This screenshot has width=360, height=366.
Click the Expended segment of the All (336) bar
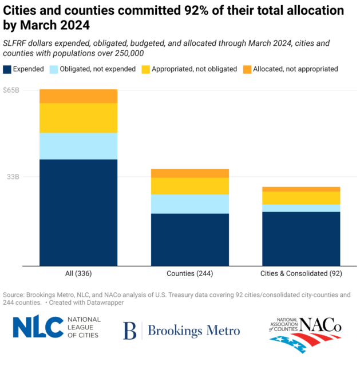pos(78,212)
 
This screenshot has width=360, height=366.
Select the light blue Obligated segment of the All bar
pos(78,146)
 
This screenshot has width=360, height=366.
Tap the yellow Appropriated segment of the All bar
pos(78,118)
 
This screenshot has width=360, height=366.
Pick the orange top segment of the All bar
pos(78,96)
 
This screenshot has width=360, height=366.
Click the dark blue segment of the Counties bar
pos(189,239)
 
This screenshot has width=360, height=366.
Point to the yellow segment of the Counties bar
pos(189,186)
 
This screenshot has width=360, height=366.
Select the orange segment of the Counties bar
pos(189,173)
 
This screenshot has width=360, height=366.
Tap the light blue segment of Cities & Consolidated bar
pos(301,208)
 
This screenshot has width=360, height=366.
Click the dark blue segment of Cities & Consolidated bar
pos(301,238)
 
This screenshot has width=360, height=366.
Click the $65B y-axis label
pos(11,90)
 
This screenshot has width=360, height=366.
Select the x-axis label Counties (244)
pos(189,274)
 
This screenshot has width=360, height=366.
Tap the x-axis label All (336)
pos(78,274)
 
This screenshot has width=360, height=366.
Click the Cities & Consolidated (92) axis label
pos(301,274)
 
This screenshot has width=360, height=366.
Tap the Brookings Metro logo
pos(181,330)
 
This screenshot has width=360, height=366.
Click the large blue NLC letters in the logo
pos(37,327)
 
